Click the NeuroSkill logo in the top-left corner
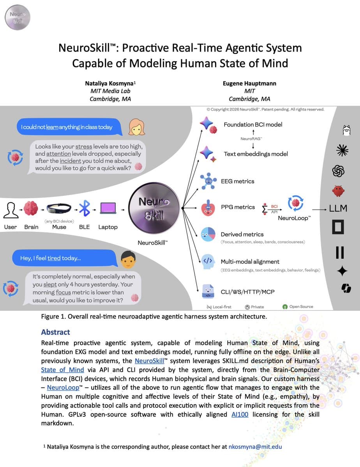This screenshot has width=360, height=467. point(17,17)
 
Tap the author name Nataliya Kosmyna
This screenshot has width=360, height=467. point(110,83)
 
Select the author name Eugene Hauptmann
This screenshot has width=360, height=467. point(249,83)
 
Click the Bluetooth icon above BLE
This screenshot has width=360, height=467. point(84,209)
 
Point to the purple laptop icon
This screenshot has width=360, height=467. point(108,209)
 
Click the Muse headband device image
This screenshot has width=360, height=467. point(59,209)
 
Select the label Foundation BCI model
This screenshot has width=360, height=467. point(253,125)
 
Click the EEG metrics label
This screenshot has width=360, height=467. point(237,181)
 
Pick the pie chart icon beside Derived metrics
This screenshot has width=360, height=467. point(208,234)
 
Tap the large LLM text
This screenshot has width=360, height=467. point(338,208)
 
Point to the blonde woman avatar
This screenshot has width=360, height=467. point(136,127)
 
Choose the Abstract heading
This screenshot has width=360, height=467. point(55,332)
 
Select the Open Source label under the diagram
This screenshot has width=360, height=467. point(301,307)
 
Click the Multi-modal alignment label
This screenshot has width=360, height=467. point(250,262)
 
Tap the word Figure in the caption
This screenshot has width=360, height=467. point(51,316)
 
